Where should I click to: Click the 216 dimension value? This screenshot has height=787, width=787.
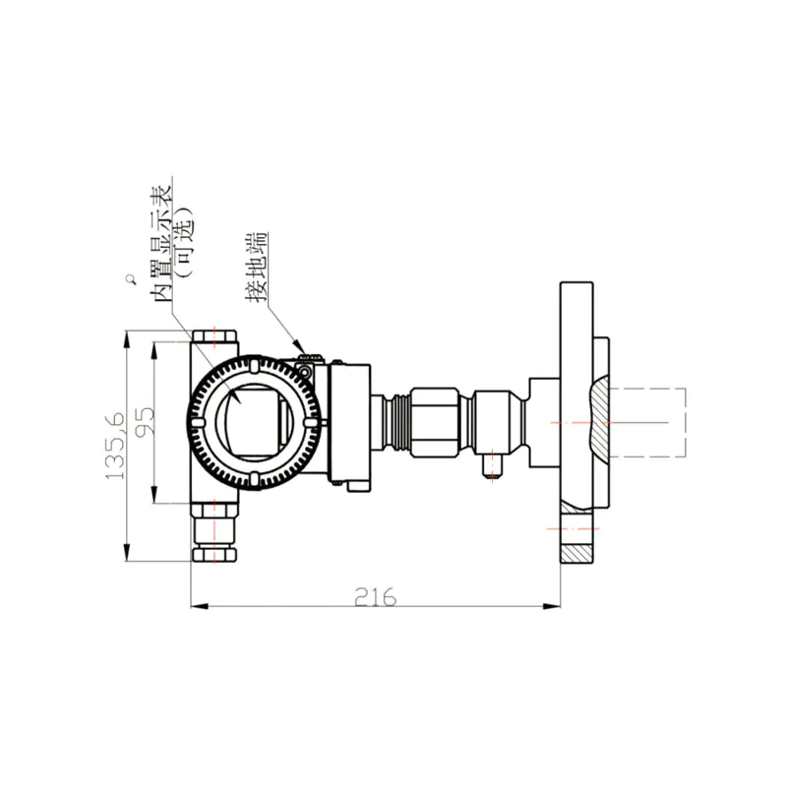[375, 597]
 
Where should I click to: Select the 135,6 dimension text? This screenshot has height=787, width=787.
[115, 446]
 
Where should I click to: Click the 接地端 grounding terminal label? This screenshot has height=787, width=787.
[257, 267]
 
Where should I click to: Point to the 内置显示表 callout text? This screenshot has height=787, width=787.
[160, 243]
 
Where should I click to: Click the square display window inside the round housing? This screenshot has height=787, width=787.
[255, 422]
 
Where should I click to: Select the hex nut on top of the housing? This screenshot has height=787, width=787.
[214, 335]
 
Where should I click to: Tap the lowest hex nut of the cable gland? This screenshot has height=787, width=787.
[214, 555]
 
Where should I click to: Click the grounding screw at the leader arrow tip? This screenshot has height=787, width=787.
[305, 370]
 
